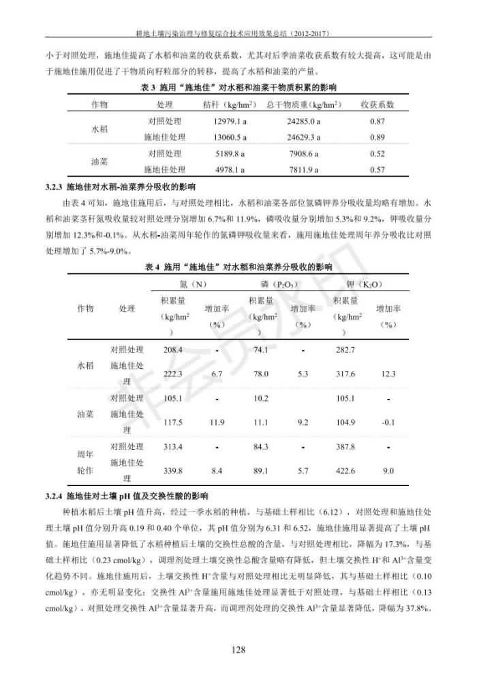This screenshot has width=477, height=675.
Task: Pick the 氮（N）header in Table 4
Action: pyautogui.click(x=189, y=284)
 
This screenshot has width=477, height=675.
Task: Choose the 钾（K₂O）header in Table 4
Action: pyautogui.click(x=364, y=284)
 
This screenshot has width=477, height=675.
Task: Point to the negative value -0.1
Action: pyautogui.click(x=388, y=423)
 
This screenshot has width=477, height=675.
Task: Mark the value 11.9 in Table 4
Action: pyautogui.click(x=217, y=423)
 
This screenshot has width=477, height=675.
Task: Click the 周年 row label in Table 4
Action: pyautogui.click(x=86, y=453)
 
